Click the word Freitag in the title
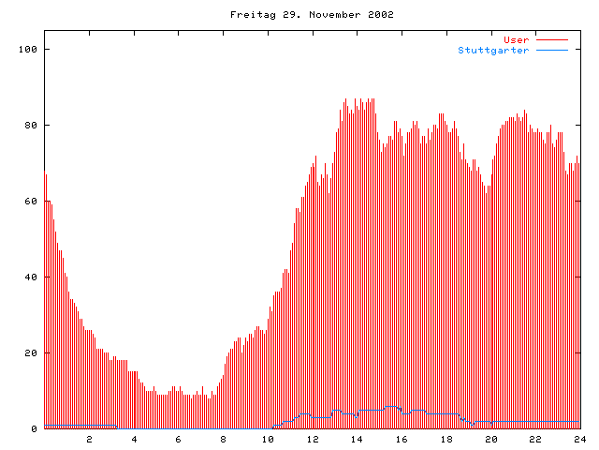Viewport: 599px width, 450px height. [x=249, y=14]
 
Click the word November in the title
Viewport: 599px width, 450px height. [x=329, y=14]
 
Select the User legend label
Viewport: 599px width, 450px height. [x=517, y=39]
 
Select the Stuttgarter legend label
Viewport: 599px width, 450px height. [x=493, y=50]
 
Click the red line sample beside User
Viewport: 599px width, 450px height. [x=552, y=40]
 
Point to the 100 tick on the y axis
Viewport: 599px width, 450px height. [x=28, y=49]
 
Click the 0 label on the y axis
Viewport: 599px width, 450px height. [x=34, y=429]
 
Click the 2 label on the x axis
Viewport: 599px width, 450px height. [x=90, y=440]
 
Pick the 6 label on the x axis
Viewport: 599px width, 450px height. [x=179, y=440]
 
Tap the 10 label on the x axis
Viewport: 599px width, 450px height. [x=268, y=440]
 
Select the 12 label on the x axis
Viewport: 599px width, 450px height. [x=313, y=440]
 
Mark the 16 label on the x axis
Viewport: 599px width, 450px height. [x=402, y=440]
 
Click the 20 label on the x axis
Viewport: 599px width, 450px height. [x=490, y=440]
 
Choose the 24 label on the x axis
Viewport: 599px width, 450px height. [x=579, y=440]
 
